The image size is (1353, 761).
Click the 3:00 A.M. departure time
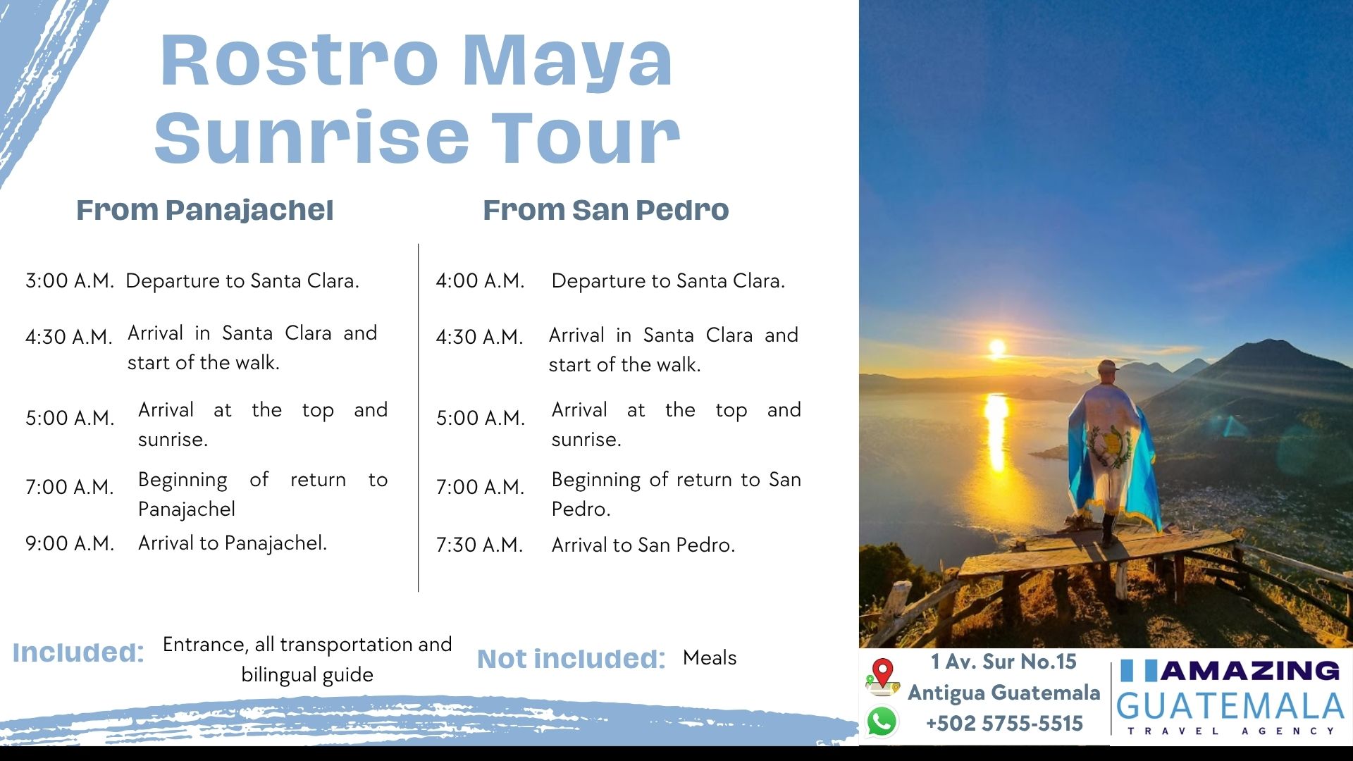coord(69,281)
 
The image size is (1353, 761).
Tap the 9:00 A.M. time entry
coord(69,543)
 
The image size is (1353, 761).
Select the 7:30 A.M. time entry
coord(479,545)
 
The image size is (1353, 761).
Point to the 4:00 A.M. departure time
coord(480,281)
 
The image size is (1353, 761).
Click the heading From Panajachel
coord(204,210)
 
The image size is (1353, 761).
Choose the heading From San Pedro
coord(606,210)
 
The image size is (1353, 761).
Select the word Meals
coord(710,658)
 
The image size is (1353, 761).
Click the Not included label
coord(572,659)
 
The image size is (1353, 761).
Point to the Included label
coord(78,652)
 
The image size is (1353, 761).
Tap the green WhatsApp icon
coord(882,722)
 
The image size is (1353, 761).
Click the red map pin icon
coord(882,674)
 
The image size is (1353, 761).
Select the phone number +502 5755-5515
coord(1004,724)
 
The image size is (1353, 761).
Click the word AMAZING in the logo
coord(1250,671)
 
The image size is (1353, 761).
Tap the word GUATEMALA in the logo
coord(1230,706)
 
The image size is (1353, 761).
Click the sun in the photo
coord(997,348)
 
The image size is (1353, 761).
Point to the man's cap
coord(1108,366)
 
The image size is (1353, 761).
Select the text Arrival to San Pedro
coord(643,545)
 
